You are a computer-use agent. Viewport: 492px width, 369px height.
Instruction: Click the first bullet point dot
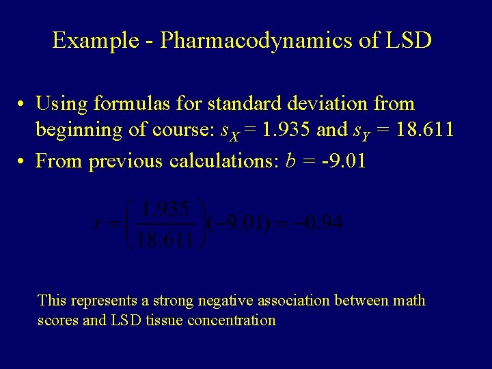click(x=23, y=105)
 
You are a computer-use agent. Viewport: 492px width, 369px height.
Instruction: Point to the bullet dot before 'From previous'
click(x=23, y=162)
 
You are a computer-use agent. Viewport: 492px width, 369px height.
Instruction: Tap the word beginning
click(x=81, y=129)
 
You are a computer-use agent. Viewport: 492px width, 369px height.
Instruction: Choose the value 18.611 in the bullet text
click(x=420, y=129)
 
